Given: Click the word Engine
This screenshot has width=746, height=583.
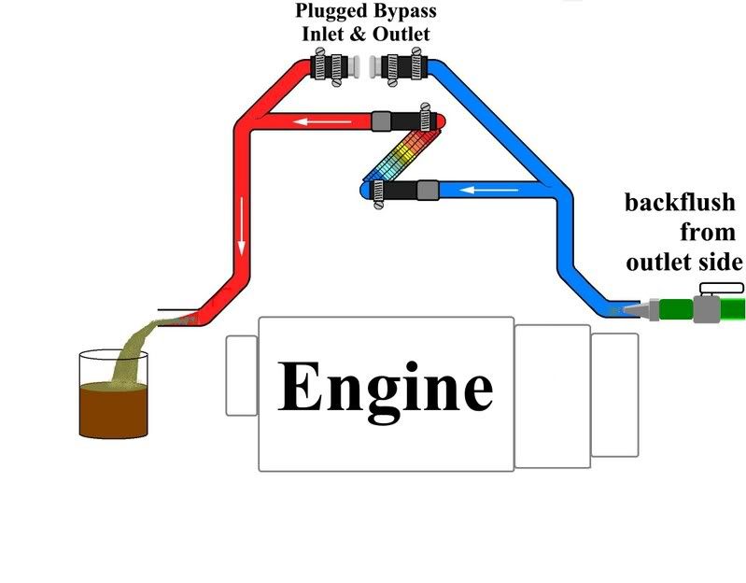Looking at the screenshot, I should (385, 388).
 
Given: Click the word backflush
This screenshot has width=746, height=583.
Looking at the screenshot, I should (680, 204).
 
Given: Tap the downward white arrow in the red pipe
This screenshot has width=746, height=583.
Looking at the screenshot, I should (242, 245).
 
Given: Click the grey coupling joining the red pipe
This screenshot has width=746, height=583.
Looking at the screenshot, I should (381, 121).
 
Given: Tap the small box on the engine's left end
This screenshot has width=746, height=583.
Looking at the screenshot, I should (241, 375).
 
